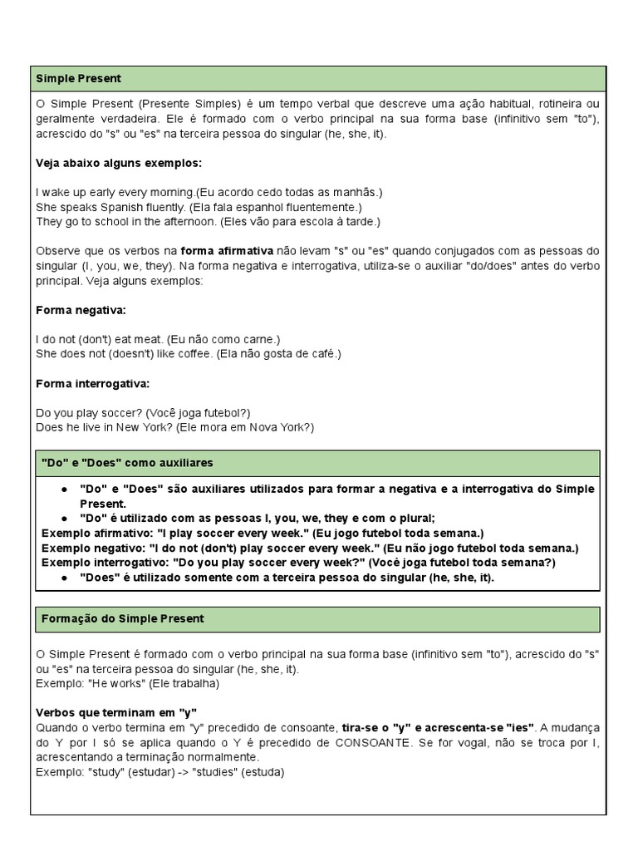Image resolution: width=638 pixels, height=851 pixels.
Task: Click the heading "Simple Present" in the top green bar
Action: click(79, 79)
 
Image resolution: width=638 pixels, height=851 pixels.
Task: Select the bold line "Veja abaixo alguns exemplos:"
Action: click(120, 163)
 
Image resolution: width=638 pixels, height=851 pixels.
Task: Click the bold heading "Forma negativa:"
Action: click(81, 310)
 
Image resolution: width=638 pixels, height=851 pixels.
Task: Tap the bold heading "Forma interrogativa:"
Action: click(93, 383)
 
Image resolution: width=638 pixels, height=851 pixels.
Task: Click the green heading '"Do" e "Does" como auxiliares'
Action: click(127, 462)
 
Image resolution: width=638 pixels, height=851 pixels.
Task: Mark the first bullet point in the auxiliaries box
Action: click(64, 489)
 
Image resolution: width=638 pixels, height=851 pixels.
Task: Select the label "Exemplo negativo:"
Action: click(90, 548)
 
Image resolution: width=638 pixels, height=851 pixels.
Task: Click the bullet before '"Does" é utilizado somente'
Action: click(64, 578)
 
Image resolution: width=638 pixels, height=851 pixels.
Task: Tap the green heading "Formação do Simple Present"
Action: click(123, 619)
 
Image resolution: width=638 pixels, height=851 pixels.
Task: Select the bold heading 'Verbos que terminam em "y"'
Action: click(116, 713)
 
